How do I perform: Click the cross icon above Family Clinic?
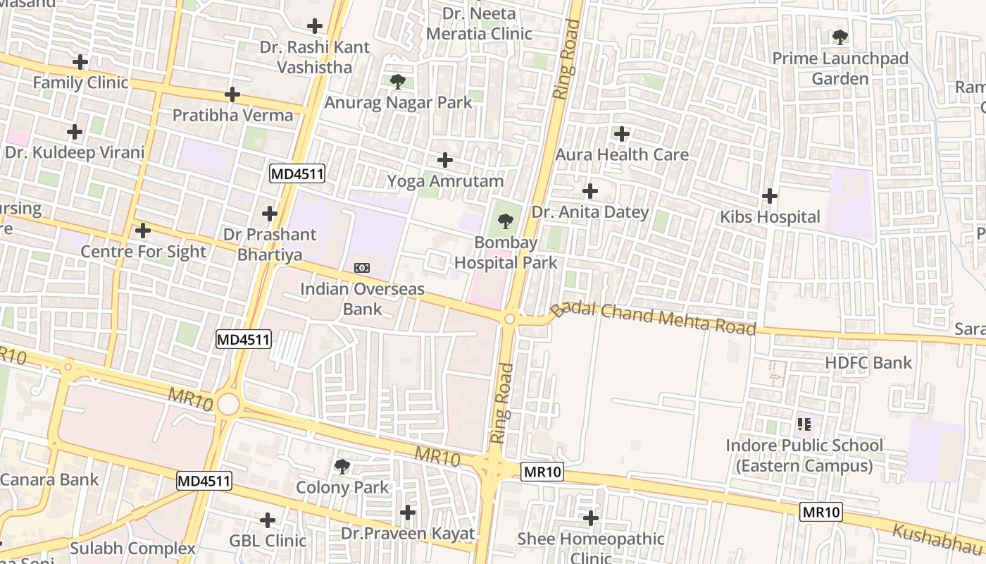click(80, 62)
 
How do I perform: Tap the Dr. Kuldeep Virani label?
click(74, 152)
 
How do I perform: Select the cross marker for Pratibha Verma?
click(232, 94)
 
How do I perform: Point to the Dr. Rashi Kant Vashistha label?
click(305, 57)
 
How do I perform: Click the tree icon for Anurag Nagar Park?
click(397, 82)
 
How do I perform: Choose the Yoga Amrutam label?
click(445, 181)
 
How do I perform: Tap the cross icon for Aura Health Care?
click(621, 133)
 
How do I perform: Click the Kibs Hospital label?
click(770, 216)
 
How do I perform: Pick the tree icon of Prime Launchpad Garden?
click(840, 37)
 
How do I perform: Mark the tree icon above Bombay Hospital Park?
click(505, 222)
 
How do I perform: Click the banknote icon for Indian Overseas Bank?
click(362, 268)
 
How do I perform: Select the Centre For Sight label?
click(143, 252)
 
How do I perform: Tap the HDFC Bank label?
click(868, 363)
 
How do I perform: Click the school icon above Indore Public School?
click(804, 424)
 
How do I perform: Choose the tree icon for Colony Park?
click(342, 466)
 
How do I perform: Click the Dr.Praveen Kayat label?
click(408, 534)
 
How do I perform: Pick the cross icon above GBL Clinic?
click(267, 520)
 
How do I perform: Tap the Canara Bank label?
click(49, 479)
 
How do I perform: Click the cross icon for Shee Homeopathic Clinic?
click(590, 519)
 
